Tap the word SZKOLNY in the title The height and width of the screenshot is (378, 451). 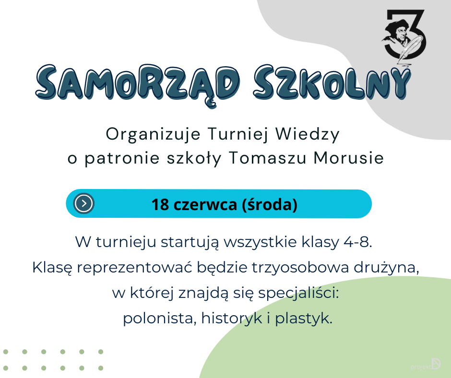pyautogui.click(x=332, y=83)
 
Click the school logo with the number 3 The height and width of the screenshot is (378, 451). pyautogui.click(x=404, y=34)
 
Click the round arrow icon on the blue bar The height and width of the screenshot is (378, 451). pyautogui.click(x=83, y=203)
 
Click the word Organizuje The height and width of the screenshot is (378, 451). pyautogui.click(x=153, y=134)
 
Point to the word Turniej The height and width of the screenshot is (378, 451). pyautogui.click(x=237, y=134)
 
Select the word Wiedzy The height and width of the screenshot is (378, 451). pyautogui.click(x=308, y=134)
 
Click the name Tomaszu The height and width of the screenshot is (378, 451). pyautogui.click(x=268, y=158)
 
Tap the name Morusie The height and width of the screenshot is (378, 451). pyautogui.click(x=349, y=158)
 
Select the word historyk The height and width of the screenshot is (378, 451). pyautogui.click(x=232, y=318)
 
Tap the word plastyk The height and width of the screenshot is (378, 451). pyautogui.click(x=303, y=318)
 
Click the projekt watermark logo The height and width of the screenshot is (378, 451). pyautogui.click(x=426, y=365)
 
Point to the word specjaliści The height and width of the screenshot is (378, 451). pyautogui.click(x=298, y=293)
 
